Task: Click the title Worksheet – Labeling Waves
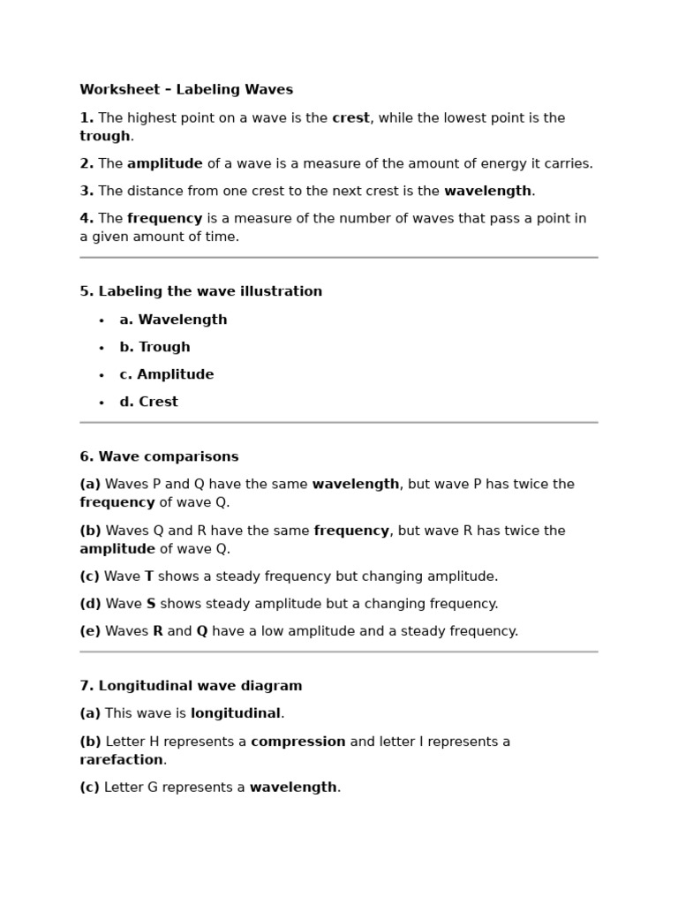186,90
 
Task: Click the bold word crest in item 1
350,118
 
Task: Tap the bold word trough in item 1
105,136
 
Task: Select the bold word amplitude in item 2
165,164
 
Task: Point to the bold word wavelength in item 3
487,192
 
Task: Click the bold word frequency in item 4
165,219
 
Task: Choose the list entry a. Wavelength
173,320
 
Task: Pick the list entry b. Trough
154,348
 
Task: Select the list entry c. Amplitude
167,375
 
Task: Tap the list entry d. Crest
148,403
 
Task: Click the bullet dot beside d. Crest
102,403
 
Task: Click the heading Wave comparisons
159,457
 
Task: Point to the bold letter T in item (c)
149,576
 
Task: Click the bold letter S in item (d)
151,604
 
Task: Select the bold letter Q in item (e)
202,631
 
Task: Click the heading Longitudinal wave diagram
191,686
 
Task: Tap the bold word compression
298,742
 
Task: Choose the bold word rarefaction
121,760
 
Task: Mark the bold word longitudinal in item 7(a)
236,713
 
